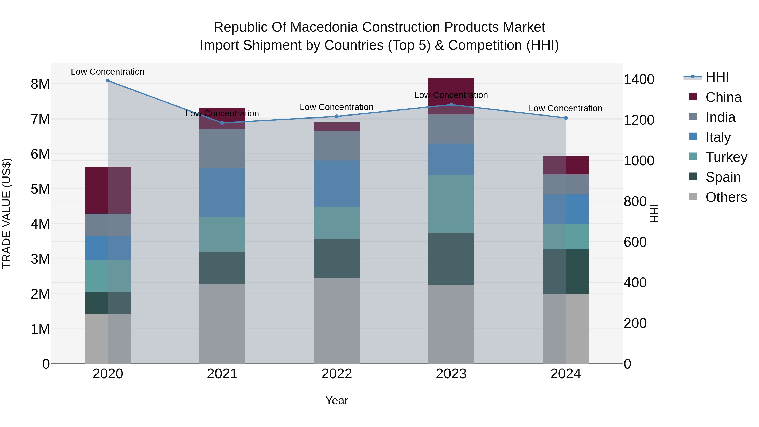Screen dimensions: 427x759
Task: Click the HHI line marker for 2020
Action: click(108, 81)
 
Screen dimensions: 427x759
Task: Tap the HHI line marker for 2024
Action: click(565, 118)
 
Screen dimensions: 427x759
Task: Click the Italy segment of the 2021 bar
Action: click(222, 193)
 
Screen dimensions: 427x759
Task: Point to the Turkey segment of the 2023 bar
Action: click(451, 204)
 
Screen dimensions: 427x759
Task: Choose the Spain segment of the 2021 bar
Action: click(222, 268)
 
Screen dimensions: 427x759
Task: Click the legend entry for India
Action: click(720, 117)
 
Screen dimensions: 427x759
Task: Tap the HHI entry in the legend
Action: click(717, 77)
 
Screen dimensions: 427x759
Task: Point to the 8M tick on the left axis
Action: click(40, 84)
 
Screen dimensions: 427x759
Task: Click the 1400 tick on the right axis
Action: click(639, 79)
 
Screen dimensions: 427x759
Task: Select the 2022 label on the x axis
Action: click(336, 374)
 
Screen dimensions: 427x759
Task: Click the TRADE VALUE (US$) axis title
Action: click(7, 213)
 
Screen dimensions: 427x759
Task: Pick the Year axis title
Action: click(336, 400)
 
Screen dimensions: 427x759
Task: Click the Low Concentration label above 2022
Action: click(336, 107)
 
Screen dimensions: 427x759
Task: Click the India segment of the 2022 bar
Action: click(336, 145)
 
